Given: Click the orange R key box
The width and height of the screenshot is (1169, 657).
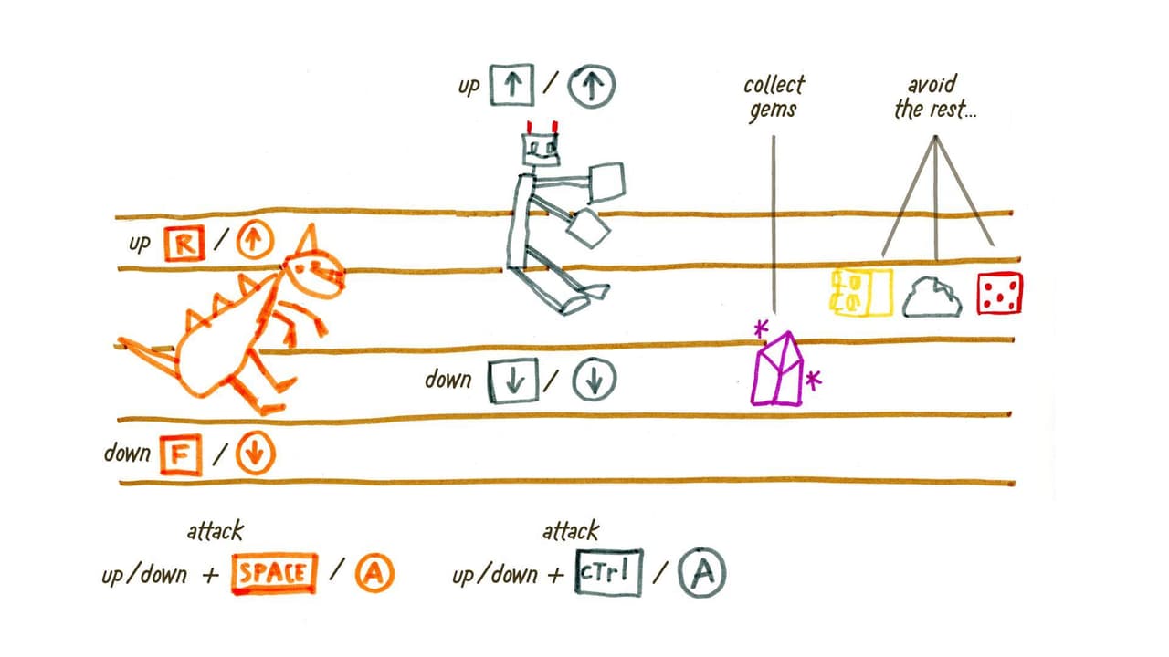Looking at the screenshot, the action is point(184,244).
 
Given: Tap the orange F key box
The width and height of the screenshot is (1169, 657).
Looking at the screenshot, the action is point(181,455).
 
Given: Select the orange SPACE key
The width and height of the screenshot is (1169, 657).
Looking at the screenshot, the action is point(275,573).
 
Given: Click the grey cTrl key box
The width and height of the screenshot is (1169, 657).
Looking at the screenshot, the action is point(608,572).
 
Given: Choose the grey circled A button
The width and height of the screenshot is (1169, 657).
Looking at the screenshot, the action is point(702,572).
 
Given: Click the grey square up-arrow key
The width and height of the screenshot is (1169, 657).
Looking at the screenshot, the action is point(512,85).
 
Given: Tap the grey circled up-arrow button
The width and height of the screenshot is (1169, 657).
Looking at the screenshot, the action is point(591,86).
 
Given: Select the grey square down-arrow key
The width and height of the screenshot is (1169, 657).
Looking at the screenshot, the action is point(513,381).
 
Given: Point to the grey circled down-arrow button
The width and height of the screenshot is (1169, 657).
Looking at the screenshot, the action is point(594,379).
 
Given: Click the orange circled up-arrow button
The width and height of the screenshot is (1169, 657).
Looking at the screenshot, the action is point(255,240).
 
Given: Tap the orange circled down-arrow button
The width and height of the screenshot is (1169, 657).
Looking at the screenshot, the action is point(255,454).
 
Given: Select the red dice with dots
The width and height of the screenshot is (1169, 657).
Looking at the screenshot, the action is point(999,294).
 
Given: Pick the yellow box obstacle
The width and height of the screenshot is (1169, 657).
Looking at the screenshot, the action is point(861,292).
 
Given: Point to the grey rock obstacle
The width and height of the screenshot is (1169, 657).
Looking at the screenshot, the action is point(932,297).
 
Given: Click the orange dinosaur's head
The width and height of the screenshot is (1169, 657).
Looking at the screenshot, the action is point(313,273).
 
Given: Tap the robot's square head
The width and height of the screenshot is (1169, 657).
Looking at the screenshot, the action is point(541,150).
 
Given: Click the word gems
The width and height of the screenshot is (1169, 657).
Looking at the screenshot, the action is point(773,110).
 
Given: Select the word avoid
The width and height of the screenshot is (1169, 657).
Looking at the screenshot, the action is point(932,85).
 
